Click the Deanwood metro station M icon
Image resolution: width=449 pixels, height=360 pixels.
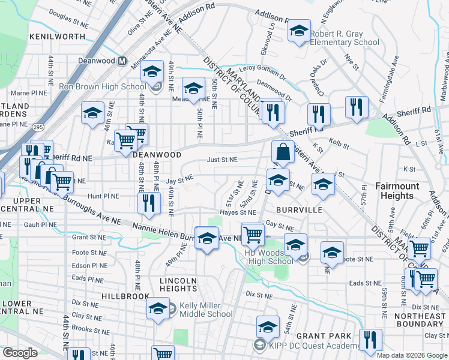[x=122, y=61]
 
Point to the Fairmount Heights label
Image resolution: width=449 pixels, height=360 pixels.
[x=397, y=191]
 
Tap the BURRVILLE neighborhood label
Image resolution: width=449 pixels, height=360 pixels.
[x=299, y=210]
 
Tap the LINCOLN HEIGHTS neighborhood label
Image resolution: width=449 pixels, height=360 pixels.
[x=178, y=284]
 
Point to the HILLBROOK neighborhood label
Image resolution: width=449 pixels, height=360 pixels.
[x=125, y=296]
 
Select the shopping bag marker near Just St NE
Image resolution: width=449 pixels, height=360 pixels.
[x=283, y=153]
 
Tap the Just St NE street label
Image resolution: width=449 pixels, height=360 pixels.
[x=222, y=160]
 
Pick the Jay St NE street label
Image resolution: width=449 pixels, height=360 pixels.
[x=179, y=179]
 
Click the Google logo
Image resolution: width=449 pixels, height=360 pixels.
[x=20, y=353]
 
